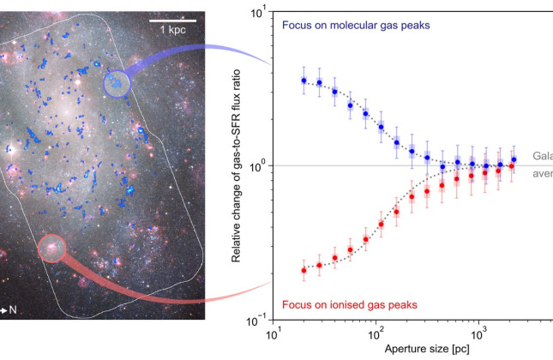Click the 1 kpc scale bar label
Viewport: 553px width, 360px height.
click(171, 30)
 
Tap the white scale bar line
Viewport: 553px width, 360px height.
click(171, 19)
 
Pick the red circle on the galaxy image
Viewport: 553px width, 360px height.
click(52, 249)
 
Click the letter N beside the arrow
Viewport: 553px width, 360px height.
click(14, 309)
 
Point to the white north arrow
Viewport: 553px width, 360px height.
click(4, 309)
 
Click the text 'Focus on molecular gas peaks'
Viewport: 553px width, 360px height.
click(355, 26)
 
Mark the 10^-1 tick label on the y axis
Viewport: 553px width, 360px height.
click(255, 319)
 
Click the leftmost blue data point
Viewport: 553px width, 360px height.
click(304, 81)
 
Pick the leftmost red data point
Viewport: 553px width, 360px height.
click(304, 270)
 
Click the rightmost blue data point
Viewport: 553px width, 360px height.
click(514, 159)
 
